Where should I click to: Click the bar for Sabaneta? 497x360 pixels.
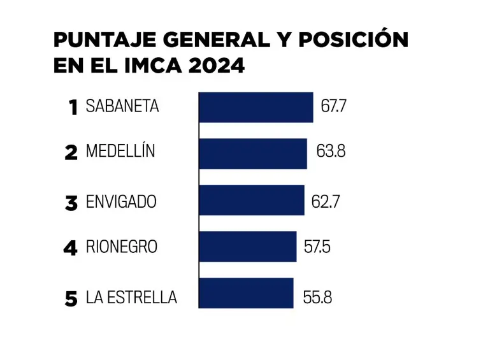tap(256, 107)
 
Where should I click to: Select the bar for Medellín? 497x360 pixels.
tap(253, 154)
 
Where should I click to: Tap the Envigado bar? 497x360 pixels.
tap(252, 200)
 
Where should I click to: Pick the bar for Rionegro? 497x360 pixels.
tap(248, 247)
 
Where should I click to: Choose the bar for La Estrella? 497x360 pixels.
tap(246, 293)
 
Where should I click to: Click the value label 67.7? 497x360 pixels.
tap(333, 106)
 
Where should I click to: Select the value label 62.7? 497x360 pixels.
tap(326, 202)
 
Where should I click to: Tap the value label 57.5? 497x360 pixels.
tap(317, 247)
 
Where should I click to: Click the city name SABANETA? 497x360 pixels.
tap(122, 106)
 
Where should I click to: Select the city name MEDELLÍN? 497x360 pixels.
tap(120, 152)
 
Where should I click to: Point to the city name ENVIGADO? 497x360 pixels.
tap(121, 202)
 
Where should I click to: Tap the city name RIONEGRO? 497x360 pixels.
tap(121, 247)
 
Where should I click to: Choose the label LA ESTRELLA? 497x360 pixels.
tap(131, 298)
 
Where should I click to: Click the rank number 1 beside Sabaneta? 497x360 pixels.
tap(73, 107)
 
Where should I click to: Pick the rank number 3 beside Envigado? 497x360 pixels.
tap(71, 203)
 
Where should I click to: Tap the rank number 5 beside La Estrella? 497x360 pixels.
tap(71, 298)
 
